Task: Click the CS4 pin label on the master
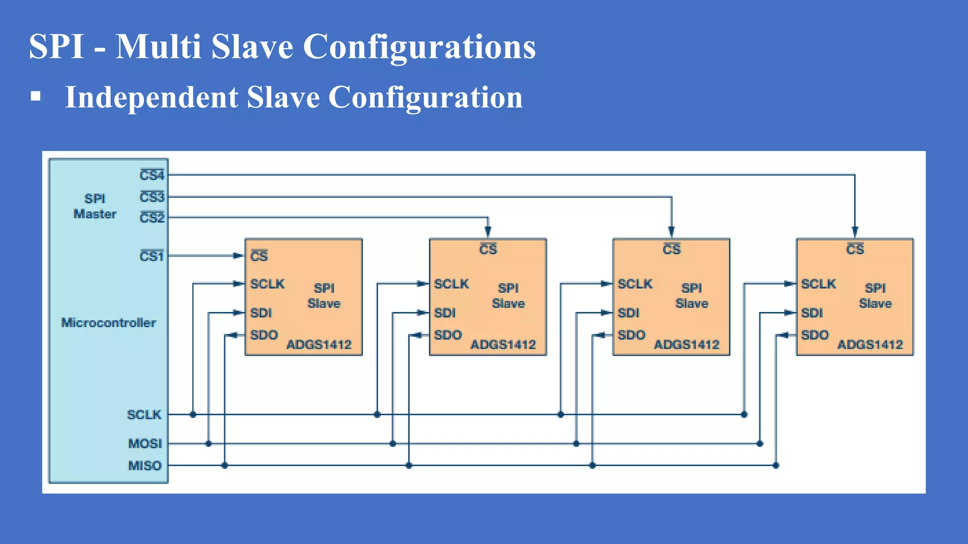click(x=152, y=175)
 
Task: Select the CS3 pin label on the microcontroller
click(x=152, y=196)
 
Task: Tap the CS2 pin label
click(x=152, y=218)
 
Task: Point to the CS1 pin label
click(x=151, y=256)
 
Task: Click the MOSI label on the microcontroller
click(x=145, y=443)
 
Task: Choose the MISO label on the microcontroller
click(x=145, y=466)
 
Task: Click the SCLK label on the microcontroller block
click(x=144, y=415)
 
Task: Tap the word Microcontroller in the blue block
click(x=109, y=323)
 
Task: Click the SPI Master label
click(x=95, y=206)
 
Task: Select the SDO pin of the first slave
click(x=264, y=335)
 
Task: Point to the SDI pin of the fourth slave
click(x=812, y=313)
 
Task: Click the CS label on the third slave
click(x=671, y=249)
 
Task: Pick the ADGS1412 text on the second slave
click(x=503, y=345)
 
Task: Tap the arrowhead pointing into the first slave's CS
click(x=238, y=256)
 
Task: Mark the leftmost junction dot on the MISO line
click(x=225, y=466)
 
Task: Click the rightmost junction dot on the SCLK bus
click(x=744, y=415)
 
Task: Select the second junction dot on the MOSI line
click(x=393, y=444)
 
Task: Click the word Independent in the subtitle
click(x=152, y=97)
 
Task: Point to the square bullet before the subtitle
click(x=35, y=96)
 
